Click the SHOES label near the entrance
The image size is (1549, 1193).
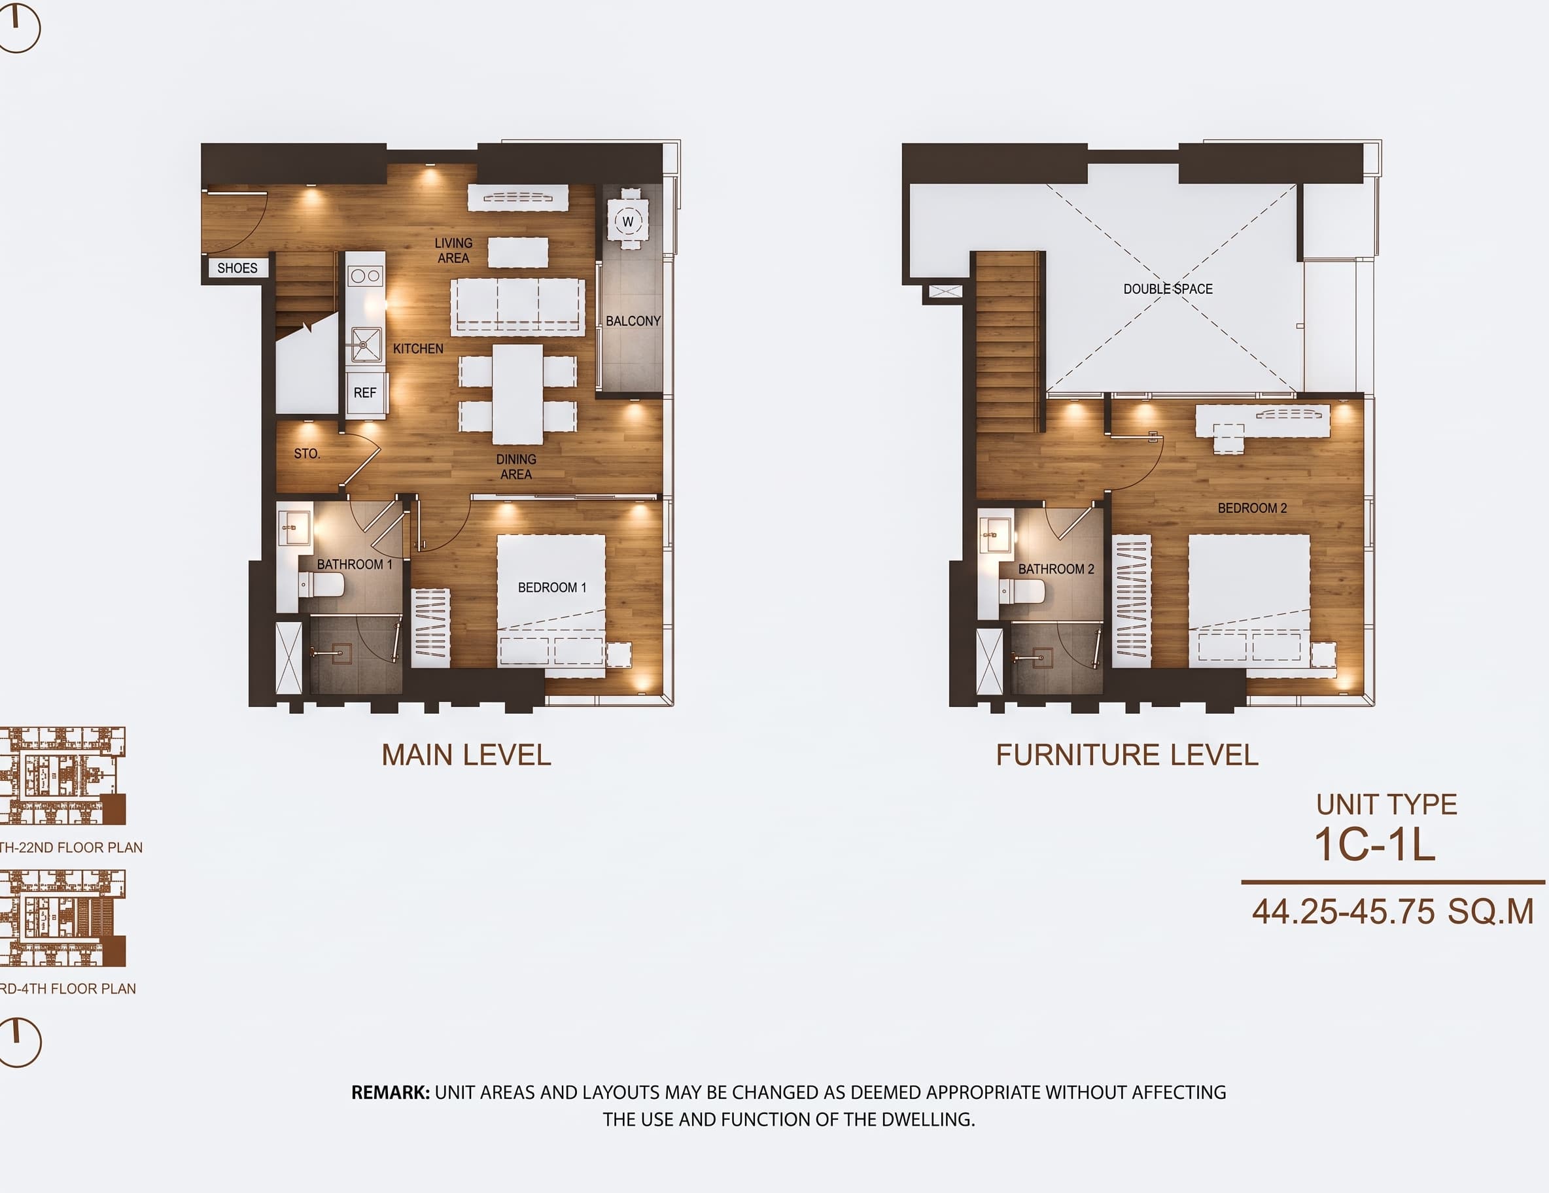(237, 268)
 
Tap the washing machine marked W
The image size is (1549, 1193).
(628, 221)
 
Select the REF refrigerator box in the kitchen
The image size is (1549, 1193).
(365, 393)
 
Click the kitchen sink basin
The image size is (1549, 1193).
(364, 344)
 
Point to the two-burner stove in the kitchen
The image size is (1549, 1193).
(365, 275)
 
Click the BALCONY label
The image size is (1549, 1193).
(633, 321)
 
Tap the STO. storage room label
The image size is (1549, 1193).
(307, 454)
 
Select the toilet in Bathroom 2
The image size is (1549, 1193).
(1022, 591)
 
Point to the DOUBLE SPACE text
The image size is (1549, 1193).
(1168, 289)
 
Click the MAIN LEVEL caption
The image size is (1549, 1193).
(466, 755)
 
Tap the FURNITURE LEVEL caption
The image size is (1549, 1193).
(1127, 755)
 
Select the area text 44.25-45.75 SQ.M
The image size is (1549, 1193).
(1393, 911)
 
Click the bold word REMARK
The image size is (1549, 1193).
(390, 1092)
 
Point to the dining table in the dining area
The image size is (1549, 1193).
(518, 394)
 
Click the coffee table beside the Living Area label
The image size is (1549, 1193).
(518, 252)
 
